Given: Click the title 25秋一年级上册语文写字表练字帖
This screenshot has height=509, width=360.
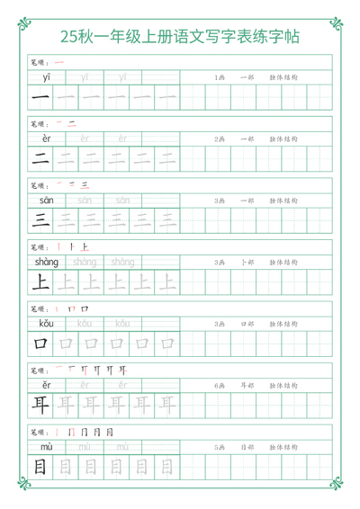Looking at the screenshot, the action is [x=180, y=37].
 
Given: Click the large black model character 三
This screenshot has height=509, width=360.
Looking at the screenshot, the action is [x=40, y=219].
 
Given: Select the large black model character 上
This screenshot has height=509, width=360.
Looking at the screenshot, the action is [x=40, y=281].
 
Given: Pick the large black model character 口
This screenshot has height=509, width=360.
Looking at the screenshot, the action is [x=40, y=343].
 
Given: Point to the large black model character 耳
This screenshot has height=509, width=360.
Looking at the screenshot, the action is [x=40, y=404].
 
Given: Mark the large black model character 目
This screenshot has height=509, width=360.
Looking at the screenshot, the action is [x=40, y=465].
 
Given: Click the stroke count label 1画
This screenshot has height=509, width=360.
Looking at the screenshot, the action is [x=220, y=77].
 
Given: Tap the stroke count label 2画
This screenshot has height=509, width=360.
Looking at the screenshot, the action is [x=220, y=139].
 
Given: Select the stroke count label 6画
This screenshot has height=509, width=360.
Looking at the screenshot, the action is [x=220, y=385].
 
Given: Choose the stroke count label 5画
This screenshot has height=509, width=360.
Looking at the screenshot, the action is [x=220, y=446].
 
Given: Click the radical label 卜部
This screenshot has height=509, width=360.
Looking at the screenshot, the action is [x=247, y=262].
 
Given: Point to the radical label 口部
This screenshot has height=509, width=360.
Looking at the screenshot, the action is [x=247, y=324].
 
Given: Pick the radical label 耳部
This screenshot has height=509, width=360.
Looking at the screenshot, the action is [x=247, y=385].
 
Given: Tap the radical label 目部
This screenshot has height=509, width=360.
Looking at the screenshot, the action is [x=247, y=446].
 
